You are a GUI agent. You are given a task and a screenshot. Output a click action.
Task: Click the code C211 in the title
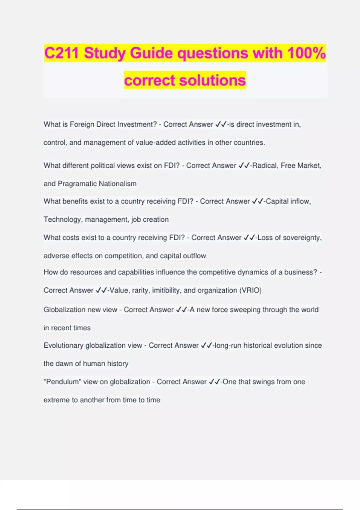(61, 53)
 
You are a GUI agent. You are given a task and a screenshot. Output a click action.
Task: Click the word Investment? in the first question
(137, 124)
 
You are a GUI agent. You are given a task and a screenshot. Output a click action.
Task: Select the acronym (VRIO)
(250, 290)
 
